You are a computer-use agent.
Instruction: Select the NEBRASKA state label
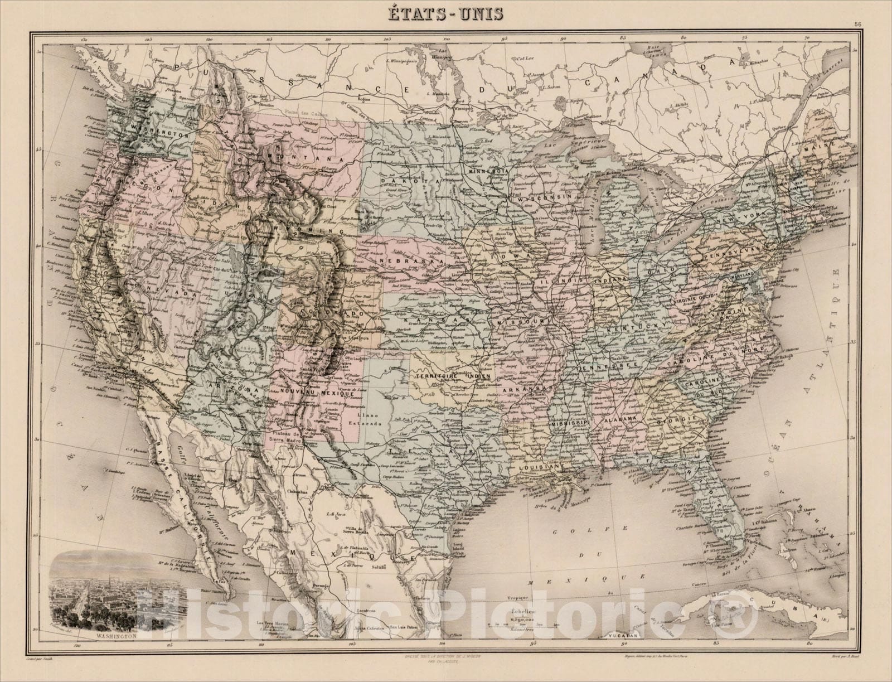[408, 260]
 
